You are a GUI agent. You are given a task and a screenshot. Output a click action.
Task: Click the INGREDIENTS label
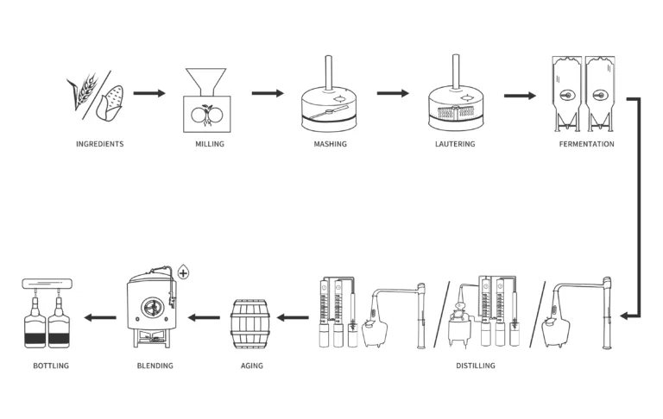tap(99, 144)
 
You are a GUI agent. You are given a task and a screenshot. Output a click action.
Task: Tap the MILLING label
tap(209, 144)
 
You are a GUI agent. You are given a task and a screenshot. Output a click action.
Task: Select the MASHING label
tap(330, 144)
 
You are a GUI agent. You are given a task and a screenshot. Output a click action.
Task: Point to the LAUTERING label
tap(454, 144)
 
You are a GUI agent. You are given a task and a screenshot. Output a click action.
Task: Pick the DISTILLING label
tap(475, 366)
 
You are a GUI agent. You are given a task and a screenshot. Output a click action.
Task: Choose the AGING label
tap(251, 366)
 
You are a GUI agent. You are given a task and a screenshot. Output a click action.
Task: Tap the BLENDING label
tap(155, 366)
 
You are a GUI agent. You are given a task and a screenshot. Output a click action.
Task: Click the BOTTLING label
tap(51, 366)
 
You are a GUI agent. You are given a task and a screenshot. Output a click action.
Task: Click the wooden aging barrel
tap(251, 322)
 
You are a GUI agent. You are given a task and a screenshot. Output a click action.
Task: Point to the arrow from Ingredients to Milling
tap(148, 93)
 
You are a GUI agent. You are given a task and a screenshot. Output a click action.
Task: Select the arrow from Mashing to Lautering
tap(393, 93)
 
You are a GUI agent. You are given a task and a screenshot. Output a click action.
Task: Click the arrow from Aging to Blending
tap(205, 317)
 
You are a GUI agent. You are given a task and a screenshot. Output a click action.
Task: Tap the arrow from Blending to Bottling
tap(99, 317)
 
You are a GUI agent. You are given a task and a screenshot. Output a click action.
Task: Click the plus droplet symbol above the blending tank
tap(182, 273)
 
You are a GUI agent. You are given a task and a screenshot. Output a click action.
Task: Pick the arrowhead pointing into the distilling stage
tap(625, 317)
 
